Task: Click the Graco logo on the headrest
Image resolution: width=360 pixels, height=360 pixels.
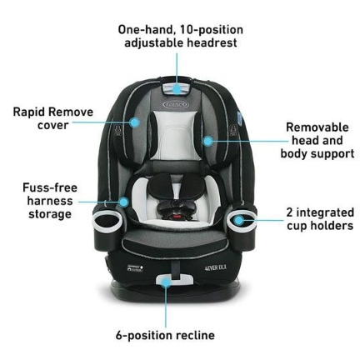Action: point(176,105)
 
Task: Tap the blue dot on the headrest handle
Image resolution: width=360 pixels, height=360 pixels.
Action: point(177,89)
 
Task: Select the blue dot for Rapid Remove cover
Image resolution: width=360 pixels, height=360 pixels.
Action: point(135,122)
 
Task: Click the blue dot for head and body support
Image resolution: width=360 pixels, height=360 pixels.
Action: point(207,141)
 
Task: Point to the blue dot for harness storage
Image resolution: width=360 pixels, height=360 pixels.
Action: point(124,202)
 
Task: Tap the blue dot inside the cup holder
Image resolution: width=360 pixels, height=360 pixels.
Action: point(238,221)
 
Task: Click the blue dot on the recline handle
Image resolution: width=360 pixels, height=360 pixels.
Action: point(166,282)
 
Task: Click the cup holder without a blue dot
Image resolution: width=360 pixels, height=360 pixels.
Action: point(107,221)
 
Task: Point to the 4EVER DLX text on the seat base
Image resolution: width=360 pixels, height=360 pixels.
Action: point(216,267)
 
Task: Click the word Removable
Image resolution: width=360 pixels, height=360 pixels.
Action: point(317,127)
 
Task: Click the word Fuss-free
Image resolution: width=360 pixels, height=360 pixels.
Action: point(50,187)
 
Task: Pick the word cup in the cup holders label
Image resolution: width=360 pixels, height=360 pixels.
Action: point(297,226)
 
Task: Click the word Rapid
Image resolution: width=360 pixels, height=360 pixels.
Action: point(29,112)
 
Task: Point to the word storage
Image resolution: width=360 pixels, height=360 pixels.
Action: point(50,214)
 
